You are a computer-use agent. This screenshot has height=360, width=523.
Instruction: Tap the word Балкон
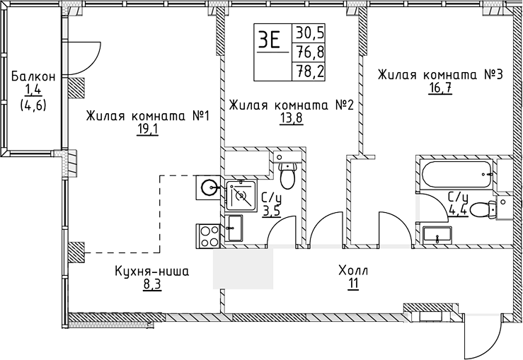pyautogui.click(x=28, y=75)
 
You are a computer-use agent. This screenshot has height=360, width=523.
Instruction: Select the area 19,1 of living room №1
pyautogui.click(x=146, y=129)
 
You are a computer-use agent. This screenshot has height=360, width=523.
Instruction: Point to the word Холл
pyautogui.click(x=353, y=271)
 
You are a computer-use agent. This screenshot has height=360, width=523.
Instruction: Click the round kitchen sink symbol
pyautogui.click(x=208, y=187)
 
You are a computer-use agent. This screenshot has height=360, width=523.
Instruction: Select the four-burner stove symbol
pyautogui.click(x=208, y=234)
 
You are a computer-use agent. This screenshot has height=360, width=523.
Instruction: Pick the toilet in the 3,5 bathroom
pyautogui.click(x=287, y=171)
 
